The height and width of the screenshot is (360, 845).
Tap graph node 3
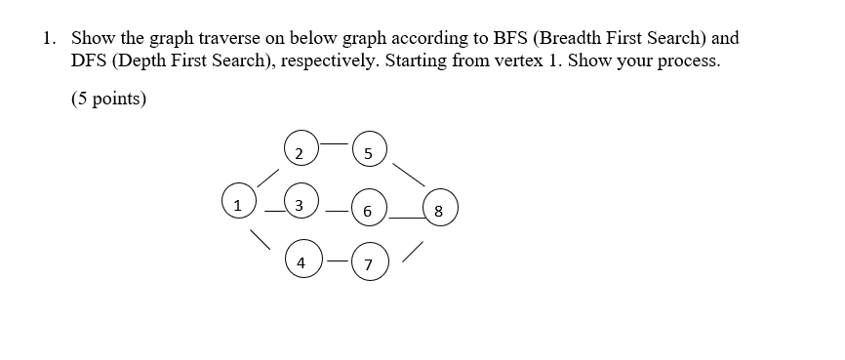pyautogui.click(x=300, y=204)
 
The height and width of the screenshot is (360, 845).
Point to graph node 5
pyautogui.click(x=367, y=152)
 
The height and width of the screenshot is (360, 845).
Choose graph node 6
pyautogui.click(x=368, y=210)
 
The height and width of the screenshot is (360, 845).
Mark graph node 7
pyautogui.click(x=368, y=264)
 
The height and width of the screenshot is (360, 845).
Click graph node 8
pyautogui.click(x=439, y=210)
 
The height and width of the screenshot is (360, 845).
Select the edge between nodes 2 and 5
pyautogui.click(x=333, y=143)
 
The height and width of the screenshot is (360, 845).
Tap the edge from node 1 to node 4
pyautogui.click(x=262, y=238)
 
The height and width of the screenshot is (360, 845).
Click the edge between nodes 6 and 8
pyautogui.click(x=404, y=219)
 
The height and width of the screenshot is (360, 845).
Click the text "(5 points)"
pyautogui.click(x=108, y=100)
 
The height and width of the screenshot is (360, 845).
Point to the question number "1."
pyautogui.click(x=49, y=39)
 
